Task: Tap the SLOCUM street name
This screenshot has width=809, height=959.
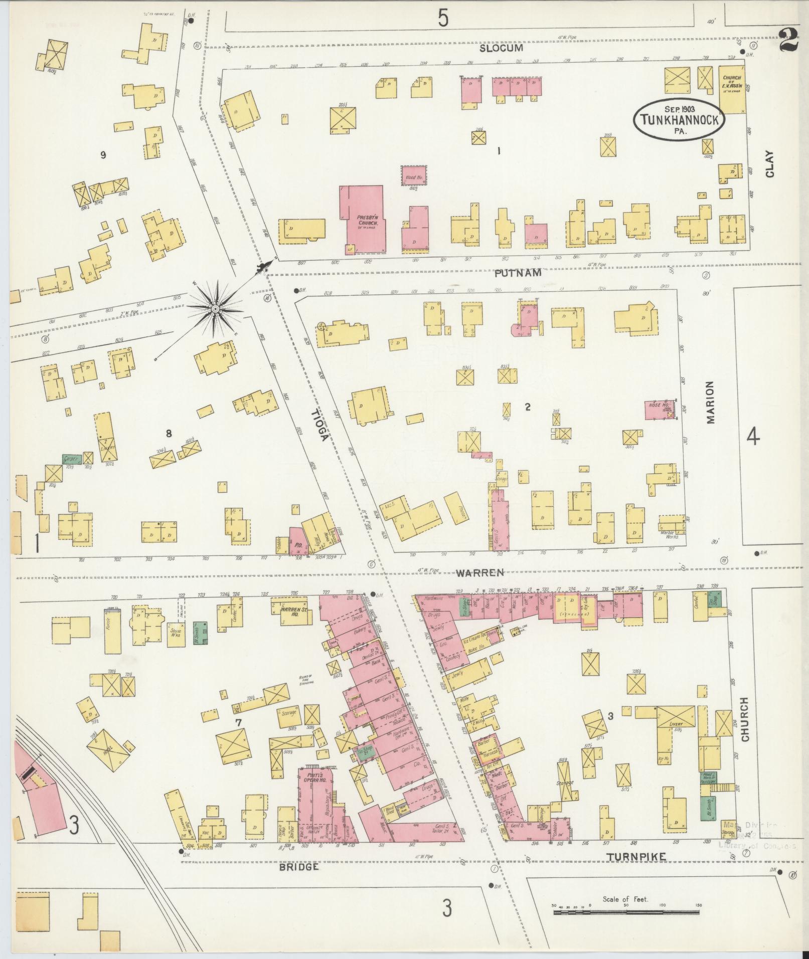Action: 501,48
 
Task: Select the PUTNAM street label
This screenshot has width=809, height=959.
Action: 518,273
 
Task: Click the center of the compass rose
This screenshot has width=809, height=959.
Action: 215,308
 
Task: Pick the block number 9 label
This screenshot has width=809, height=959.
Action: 103,155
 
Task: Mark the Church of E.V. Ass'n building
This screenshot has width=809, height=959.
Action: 732,89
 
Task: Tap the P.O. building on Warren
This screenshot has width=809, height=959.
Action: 297,541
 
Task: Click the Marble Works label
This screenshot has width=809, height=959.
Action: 669,536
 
